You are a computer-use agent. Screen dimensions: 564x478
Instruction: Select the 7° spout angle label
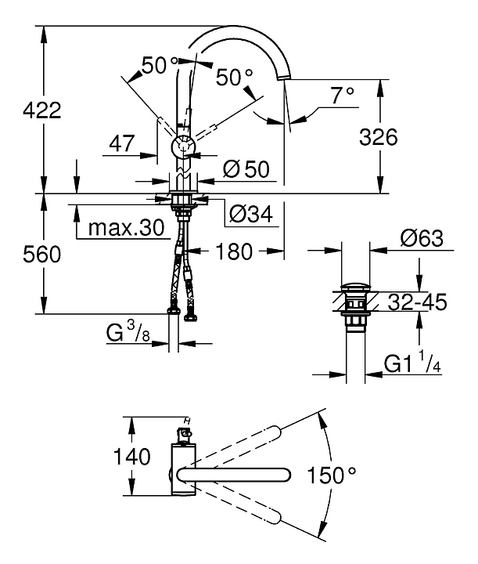(342, 95)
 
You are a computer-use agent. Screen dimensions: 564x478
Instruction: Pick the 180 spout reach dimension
(235, 251)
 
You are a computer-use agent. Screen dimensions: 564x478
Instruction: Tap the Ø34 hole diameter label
(252, 213)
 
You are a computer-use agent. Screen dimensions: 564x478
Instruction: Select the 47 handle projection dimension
(120, 143)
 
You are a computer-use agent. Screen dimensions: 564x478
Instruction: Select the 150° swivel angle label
(331, 474)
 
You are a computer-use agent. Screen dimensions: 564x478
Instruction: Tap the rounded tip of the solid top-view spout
(286, 473)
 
